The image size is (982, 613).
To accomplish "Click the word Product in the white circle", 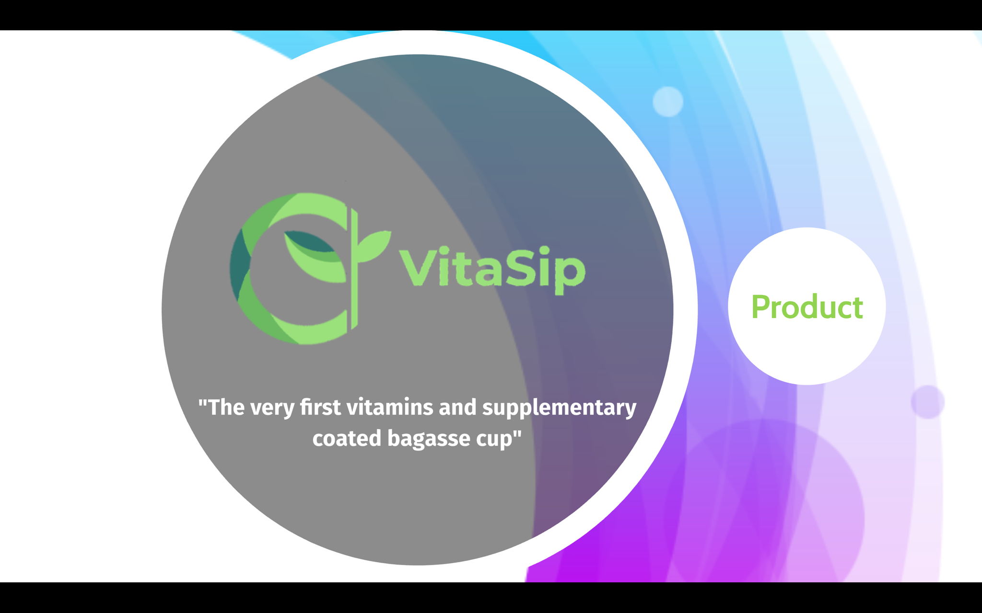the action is tap(807, 306).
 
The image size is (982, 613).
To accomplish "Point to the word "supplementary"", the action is tap(559, 408).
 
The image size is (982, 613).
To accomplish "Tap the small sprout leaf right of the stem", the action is tap(374, 246).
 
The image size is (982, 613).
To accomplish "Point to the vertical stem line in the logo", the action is tap(354, 268).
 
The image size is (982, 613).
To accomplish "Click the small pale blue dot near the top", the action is tap(668, 102).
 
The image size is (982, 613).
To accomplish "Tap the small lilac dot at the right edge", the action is tap(927, 402).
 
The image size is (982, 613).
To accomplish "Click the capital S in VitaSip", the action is tap(517, 267).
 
